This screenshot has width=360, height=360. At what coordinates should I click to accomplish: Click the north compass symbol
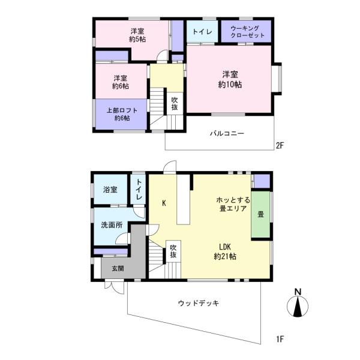[298, 304]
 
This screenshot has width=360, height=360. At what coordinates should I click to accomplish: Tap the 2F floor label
[280, 145]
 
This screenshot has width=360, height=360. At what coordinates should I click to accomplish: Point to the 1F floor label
[280, 339]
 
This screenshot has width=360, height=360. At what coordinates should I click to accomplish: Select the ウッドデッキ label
[199, 303]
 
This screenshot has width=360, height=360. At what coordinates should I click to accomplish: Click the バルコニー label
[227, 133]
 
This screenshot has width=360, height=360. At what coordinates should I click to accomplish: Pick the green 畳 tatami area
[260, 214]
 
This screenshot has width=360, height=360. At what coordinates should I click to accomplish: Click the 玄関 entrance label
[118, 268]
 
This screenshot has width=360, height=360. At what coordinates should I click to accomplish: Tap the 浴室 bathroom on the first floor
[110, 189]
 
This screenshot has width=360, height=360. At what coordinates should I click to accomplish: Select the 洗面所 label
[112, 225]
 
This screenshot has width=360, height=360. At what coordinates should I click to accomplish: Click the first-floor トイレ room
[138, 189]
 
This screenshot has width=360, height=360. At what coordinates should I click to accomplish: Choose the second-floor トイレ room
[202, 31]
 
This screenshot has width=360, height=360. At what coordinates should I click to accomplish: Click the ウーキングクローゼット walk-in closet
[246, 31]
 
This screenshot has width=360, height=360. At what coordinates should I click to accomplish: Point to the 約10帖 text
[230, 85]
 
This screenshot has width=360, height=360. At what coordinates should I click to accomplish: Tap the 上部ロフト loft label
[122, 110]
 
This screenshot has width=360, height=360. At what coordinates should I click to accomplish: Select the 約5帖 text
[137, 39]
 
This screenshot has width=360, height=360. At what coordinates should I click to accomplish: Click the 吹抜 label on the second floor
[175, 104]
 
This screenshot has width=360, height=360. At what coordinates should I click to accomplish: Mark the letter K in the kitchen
[164, 203]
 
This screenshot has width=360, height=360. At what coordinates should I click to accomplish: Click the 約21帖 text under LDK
[225, 256]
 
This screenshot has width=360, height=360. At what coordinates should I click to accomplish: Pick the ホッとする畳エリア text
[233, 204]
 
